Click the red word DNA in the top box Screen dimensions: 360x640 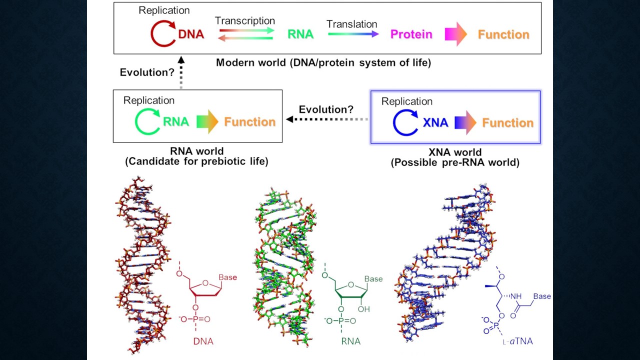coord(191,34)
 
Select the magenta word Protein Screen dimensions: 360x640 coord(411,34)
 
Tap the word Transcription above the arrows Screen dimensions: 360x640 coord(245,21)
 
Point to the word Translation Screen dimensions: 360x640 coord(352,24)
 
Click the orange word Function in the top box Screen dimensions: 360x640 coord(503,34)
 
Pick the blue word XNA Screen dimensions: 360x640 coord(435,122)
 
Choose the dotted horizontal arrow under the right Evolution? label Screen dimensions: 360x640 coord(327,119)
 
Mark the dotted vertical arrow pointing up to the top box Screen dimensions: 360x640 coord(182,71)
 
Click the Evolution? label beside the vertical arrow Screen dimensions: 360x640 coord(147,72)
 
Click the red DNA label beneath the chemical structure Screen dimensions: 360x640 coord(203,342)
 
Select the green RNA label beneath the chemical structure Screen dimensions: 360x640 coord(350,342)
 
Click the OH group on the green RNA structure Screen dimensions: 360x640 coord(364,309)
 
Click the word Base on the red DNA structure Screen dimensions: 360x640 coord(227,277)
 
